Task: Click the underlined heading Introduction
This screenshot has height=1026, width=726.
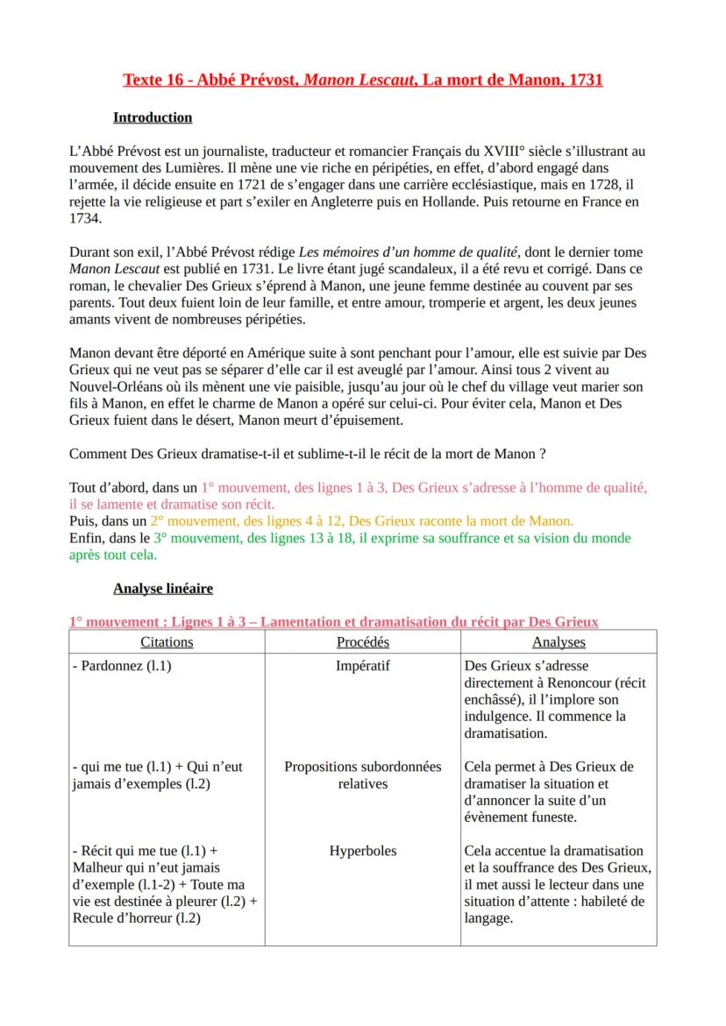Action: coord(153,117)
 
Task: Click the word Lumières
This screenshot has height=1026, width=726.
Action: coord(192,168)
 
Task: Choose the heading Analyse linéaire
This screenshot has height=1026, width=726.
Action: coord(163,589)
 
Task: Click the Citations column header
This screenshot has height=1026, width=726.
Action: coord(167,642)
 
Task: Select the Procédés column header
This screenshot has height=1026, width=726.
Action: coord(362,642)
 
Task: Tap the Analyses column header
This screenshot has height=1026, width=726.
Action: coord(559,642)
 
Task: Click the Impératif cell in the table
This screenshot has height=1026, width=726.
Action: coord(362,666)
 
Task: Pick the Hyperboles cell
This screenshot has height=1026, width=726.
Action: coord(362,851)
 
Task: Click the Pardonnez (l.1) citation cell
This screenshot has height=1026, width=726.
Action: coord(122,666)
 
